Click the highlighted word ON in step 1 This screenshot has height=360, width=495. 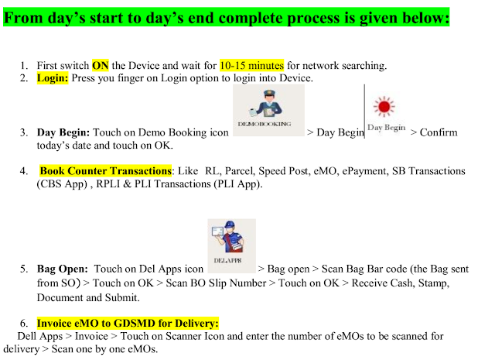pos(100,66)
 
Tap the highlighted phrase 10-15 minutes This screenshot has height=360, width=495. pos(251,66)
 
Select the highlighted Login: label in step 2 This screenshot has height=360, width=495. pos(53,78)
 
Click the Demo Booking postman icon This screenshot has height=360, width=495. pos(268,103)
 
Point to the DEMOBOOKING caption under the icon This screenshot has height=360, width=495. pos(265,124)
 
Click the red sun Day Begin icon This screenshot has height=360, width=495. pos(384,107)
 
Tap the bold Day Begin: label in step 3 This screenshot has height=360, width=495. pos(63,132)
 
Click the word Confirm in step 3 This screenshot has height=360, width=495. pos(439,132)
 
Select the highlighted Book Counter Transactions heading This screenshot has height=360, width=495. pos(105,171)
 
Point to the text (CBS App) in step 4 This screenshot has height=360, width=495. pos(62,184)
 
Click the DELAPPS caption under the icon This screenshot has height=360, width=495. pos(227,260)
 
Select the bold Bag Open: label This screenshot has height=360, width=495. pos(63,269)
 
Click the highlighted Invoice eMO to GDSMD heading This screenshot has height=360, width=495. pos(128,324)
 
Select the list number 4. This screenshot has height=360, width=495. pos(24,171)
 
